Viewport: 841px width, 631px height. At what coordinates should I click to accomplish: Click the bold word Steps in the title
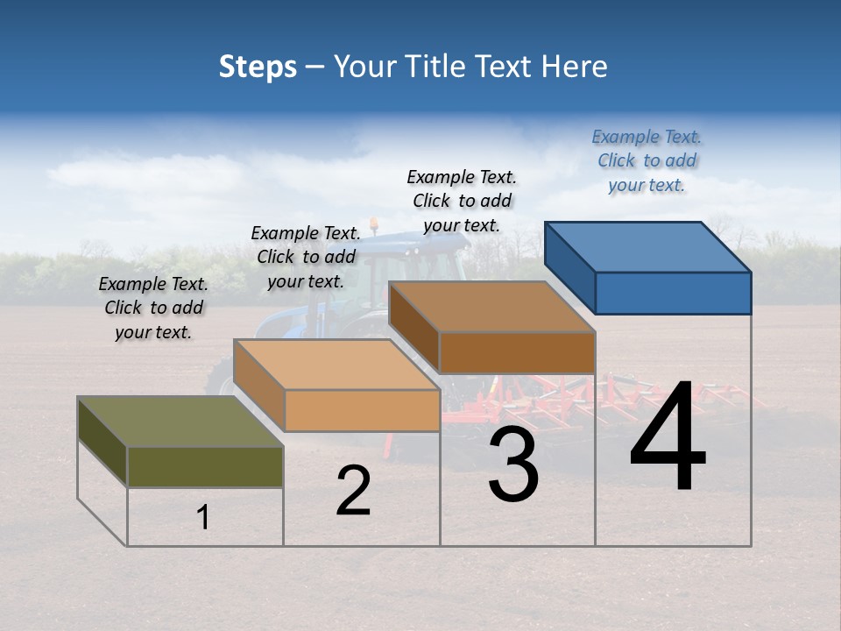click(x=258, y=67)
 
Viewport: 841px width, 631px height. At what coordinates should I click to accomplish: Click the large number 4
click(x=668, y=438)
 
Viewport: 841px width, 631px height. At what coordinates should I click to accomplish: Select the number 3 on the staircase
click(x=513, y=464)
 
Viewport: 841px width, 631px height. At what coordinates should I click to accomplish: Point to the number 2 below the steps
click(x=353, y=491)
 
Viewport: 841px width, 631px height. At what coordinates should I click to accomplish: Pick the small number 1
click(x=203, y=517)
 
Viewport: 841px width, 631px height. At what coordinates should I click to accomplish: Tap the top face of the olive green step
click(x=180, y=422)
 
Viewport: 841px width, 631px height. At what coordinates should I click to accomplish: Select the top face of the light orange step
click(x=336, y=365)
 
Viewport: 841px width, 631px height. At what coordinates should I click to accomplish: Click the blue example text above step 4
click(x=647, y=160)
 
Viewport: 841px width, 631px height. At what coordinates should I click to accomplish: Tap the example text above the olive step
click(x=153, y=308)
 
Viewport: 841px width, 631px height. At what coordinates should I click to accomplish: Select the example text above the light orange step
click(x=306, y=257)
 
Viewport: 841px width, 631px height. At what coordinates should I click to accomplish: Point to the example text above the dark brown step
click(x=462, y=201)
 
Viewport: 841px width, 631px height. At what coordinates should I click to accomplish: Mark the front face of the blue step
click(x=673, y=293)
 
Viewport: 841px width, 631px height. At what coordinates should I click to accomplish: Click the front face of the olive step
click(x=205, y=466)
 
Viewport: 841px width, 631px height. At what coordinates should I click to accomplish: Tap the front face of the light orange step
click(x=362, y=410)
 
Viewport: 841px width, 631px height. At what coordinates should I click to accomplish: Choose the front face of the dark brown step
click(x=517, y=352)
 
